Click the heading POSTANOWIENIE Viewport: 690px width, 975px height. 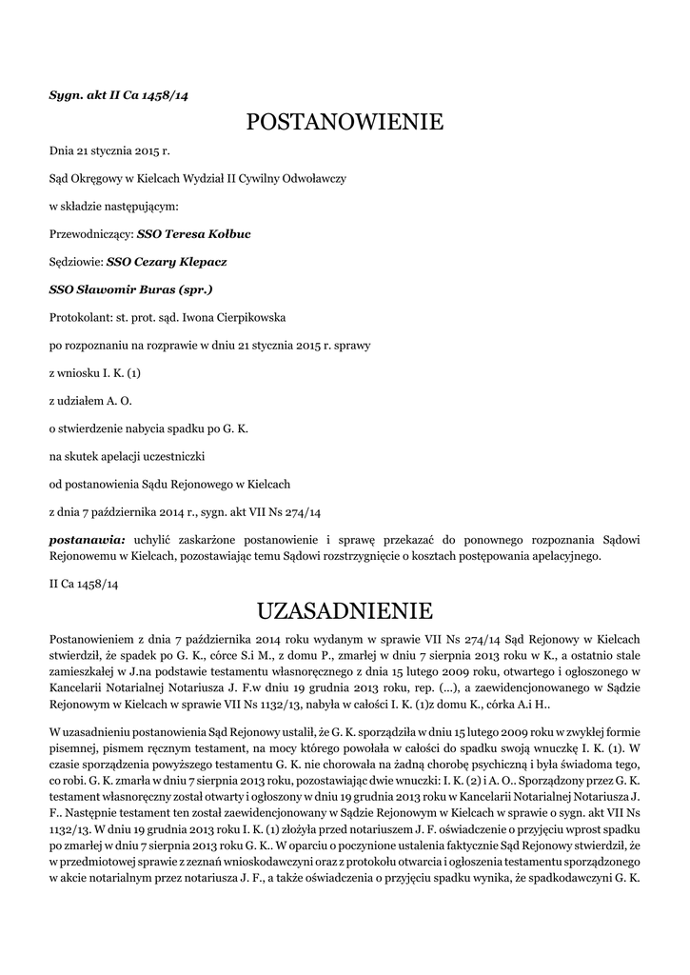point(345,122)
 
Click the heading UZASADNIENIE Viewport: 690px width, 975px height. point(345,609)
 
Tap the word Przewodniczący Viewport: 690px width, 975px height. point(90,233)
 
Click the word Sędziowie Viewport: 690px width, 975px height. point(75,261)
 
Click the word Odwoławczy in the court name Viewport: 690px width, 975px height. point(313,178)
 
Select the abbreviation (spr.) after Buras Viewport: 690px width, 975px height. point(194,289)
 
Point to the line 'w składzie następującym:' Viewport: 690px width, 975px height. point(113,206)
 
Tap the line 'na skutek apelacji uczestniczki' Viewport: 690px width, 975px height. point(134,456)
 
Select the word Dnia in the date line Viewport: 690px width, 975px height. point(61,150)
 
